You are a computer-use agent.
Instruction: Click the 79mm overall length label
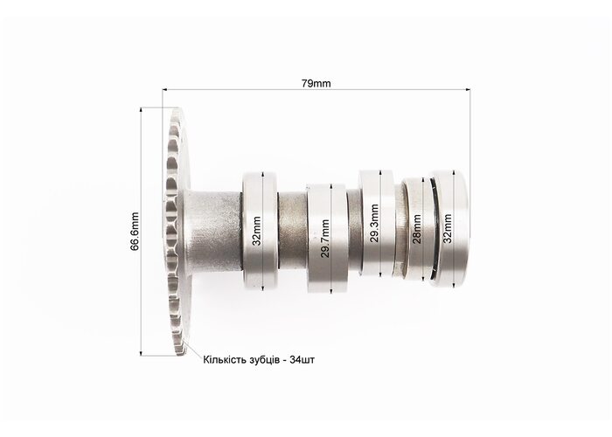click(x=316, y=84)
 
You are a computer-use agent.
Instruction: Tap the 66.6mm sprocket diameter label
click(x=135, y=232)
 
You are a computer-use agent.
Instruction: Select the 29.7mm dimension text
click(x=325, y=239)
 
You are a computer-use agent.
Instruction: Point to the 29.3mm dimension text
click(x=375, y=223)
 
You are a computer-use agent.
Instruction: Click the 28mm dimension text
click(x=417, y=229)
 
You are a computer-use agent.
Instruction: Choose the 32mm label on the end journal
click(x=448, y=228)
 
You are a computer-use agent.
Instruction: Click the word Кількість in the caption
click(x=225, y=360)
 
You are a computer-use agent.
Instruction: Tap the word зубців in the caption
click(x=264, y=360)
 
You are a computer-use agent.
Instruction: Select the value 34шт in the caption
click(x=302, y=360)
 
